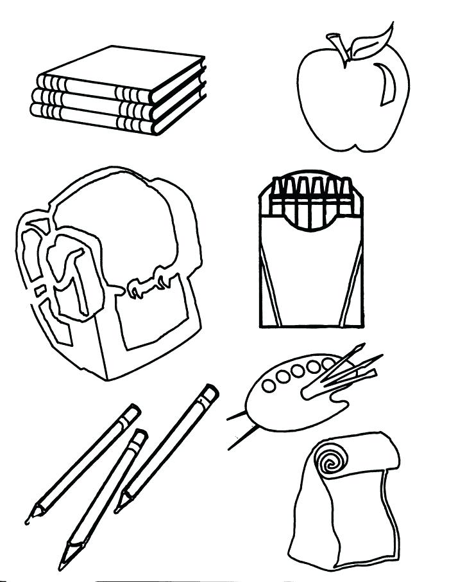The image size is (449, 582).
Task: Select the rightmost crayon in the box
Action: pyautogui.click(x=346, y=193)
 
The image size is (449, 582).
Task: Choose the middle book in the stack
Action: pyautogui.click(x=96, y=96)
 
